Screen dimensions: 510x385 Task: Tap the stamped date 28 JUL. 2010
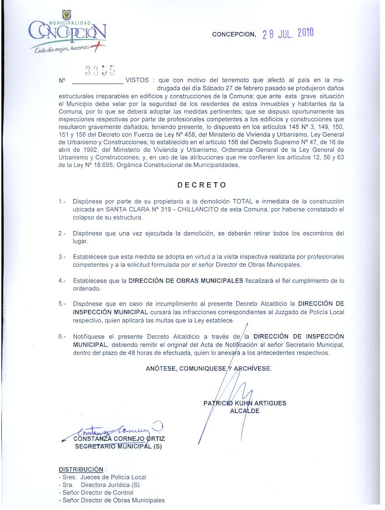click(x=289, y=34)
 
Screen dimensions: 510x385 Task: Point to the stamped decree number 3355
click(x=100, y=70)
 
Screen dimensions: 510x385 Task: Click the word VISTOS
click(x=137, y=80)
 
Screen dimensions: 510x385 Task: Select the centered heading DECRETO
click(x=202, y=185)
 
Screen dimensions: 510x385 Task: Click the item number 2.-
click(x=62, y=234)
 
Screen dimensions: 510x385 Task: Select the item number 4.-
click(x=62, y=280)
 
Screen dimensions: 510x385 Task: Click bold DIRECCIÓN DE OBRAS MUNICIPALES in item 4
click(x=186, y=280)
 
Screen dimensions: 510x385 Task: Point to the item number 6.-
click(x=62, y=337)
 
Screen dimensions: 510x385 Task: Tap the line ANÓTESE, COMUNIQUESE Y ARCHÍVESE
click(x=208, y=369)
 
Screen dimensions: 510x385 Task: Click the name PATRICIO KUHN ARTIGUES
click(x=245, y=403)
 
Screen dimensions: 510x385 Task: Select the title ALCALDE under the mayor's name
click(x=245, y=411)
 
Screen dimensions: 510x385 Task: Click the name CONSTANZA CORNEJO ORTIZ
click(x=119, y=439)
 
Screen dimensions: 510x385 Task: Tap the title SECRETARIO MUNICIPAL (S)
click(x=118, y=446)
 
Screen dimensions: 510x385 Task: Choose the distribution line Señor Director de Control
click(x=97, y=492)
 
